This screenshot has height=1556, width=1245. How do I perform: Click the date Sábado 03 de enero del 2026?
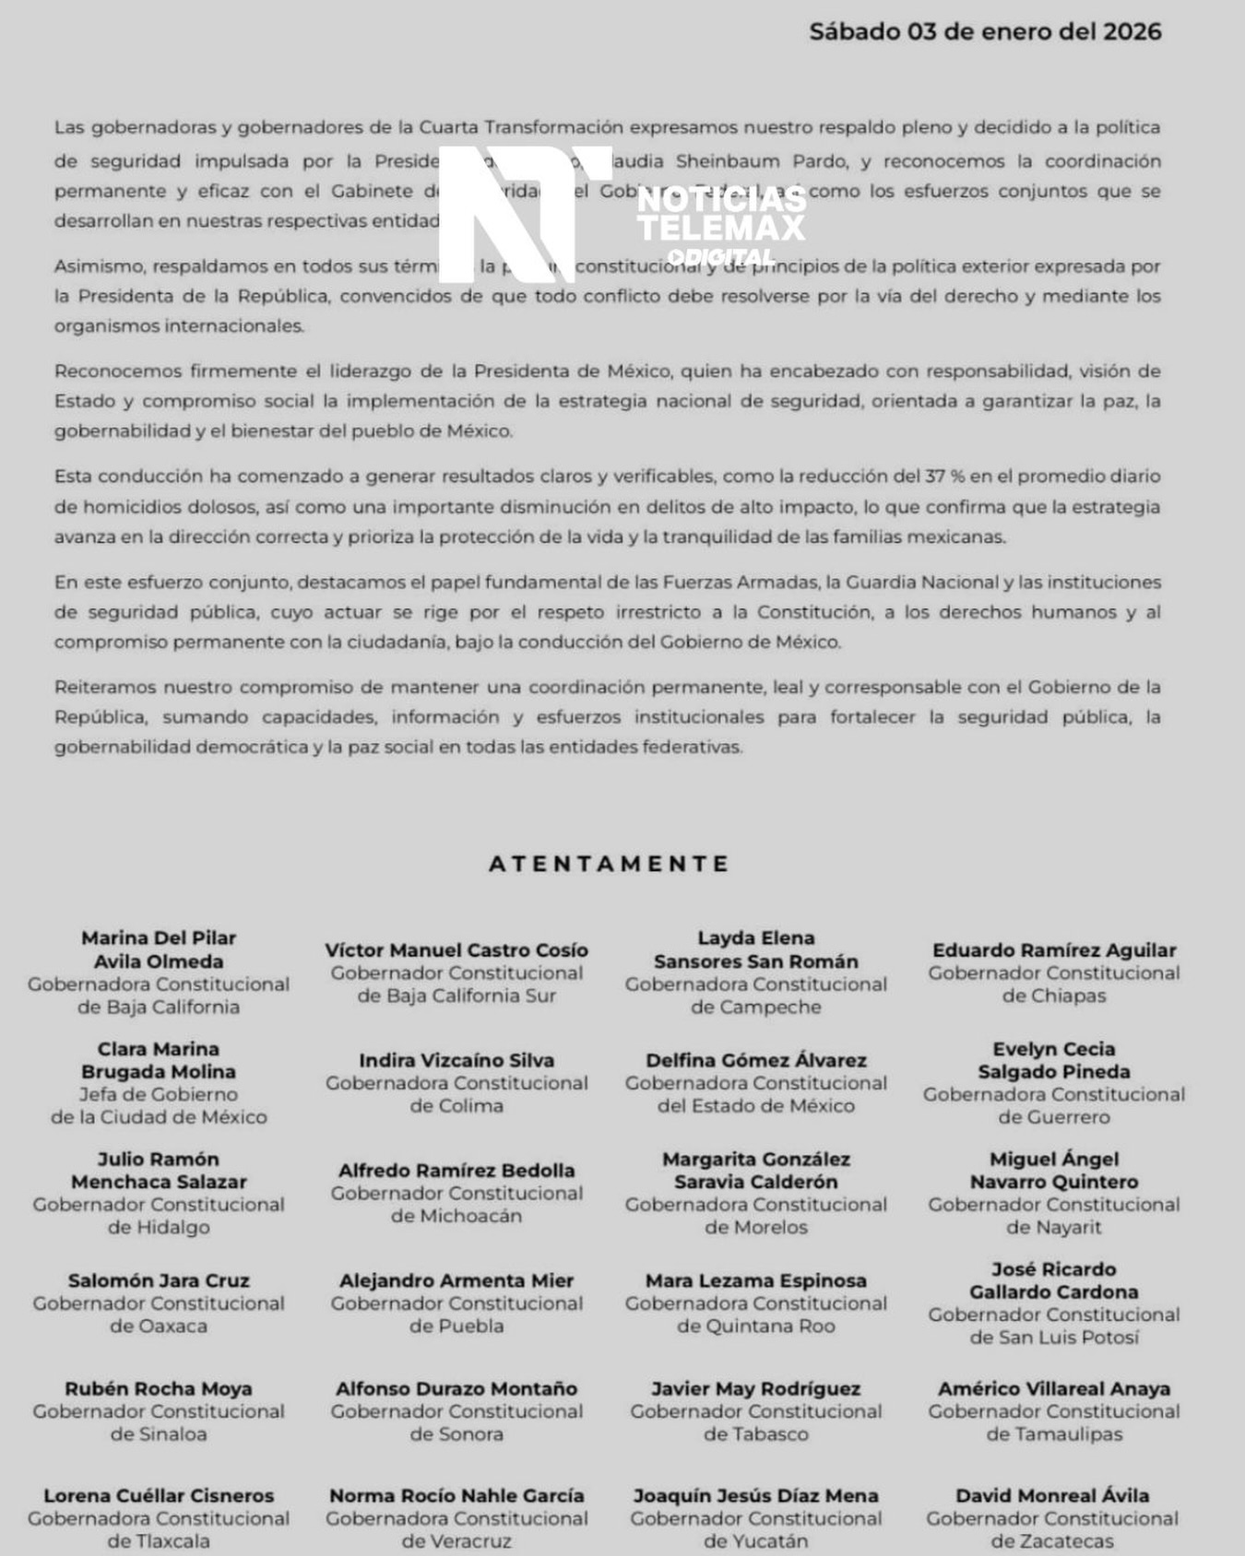[x=985, y=32]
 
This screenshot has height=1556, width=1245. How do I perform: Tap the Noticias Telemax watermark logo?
[x=621, y=215]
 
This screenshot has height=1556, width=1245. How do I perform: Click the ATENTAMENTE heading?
[x=610, y=864]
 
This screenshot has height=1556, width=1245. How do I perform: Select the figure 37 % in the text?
[x=944, y=477]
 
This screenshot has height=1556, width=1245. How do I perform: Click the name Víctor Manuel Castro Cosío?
[x=456, y=950]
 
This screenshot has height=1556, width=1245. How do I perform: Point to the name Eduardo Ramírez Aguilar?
[x=1054, y=950]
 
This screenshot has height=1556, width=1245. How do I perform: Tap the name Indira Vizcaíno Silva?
[x=456, y=1061]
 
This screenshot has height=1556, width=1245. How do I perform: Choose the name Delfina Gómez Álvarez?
[x=756, y=1061]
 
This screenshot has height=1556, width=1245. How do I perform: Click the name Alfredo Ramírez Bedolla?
[x=456, y=1171]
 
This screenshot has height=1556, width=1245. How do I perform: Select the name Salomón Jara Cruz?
[x=159, y=1280]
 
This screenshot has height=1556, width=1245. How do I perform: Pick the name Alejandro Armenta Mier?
[x=456, y=1280]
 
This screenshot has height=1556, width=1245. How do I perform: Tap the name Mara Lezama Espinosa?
[x=756, y=1280]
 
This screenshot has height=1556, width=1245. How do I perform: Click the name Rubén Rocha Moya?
[x=159, y=1389]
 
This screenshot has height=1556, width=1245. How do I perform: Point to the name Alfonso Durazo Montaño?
[x=456, y=1389]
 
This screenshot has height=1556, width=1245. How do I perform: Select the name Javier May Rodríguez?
[x=756, y=1389]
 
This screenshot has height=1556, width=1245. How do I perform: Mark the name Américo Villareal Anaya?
[x=1054, y=1389]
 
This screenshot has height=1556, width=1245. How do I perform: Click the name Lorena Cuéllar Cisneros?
[x=159, y=1496]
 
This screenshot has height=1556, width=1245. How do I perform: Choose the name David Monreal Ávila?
[x=1052, y=1496]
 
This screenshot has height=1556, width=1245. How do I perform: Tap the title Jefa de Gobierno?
[x=159, y=1094]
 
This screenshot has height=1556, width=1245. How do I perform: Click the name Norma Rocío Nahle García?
[x=456, y=1496]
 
